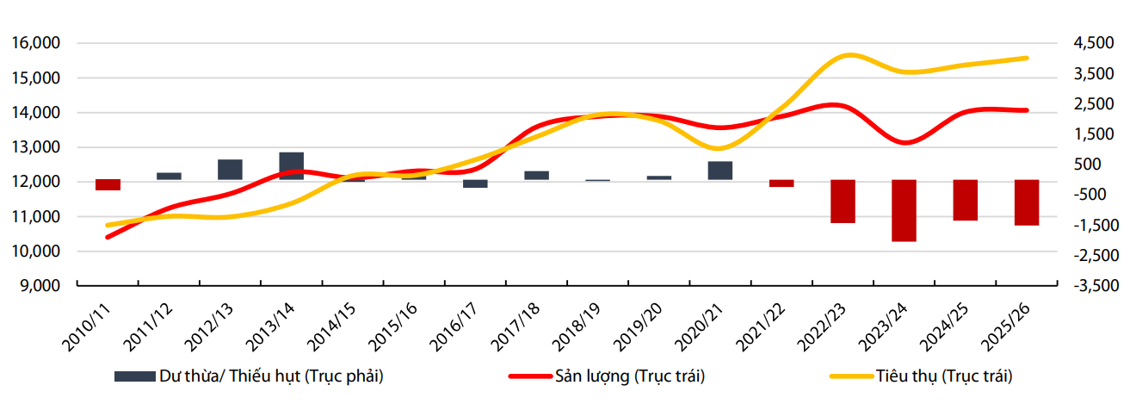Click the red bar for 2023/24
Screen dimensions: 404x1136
point(904,210)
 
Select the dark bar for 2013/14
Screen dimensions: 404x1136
point(292,166)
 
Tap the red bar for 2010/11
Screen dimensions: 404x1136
point(108,184)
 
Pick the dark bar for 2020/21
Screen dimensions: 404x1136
point(720,171)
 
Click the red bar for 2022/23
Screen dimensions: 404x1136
point(843,201)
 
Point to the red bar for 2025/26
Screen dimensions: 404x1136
point(1027,202)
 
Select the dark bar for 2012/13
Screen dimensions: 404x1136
point(230,170)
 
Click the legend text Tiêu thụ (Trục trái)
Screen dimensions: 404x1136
point(944,376)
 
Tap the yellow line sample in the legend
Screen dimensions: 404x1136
point(851,376)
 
